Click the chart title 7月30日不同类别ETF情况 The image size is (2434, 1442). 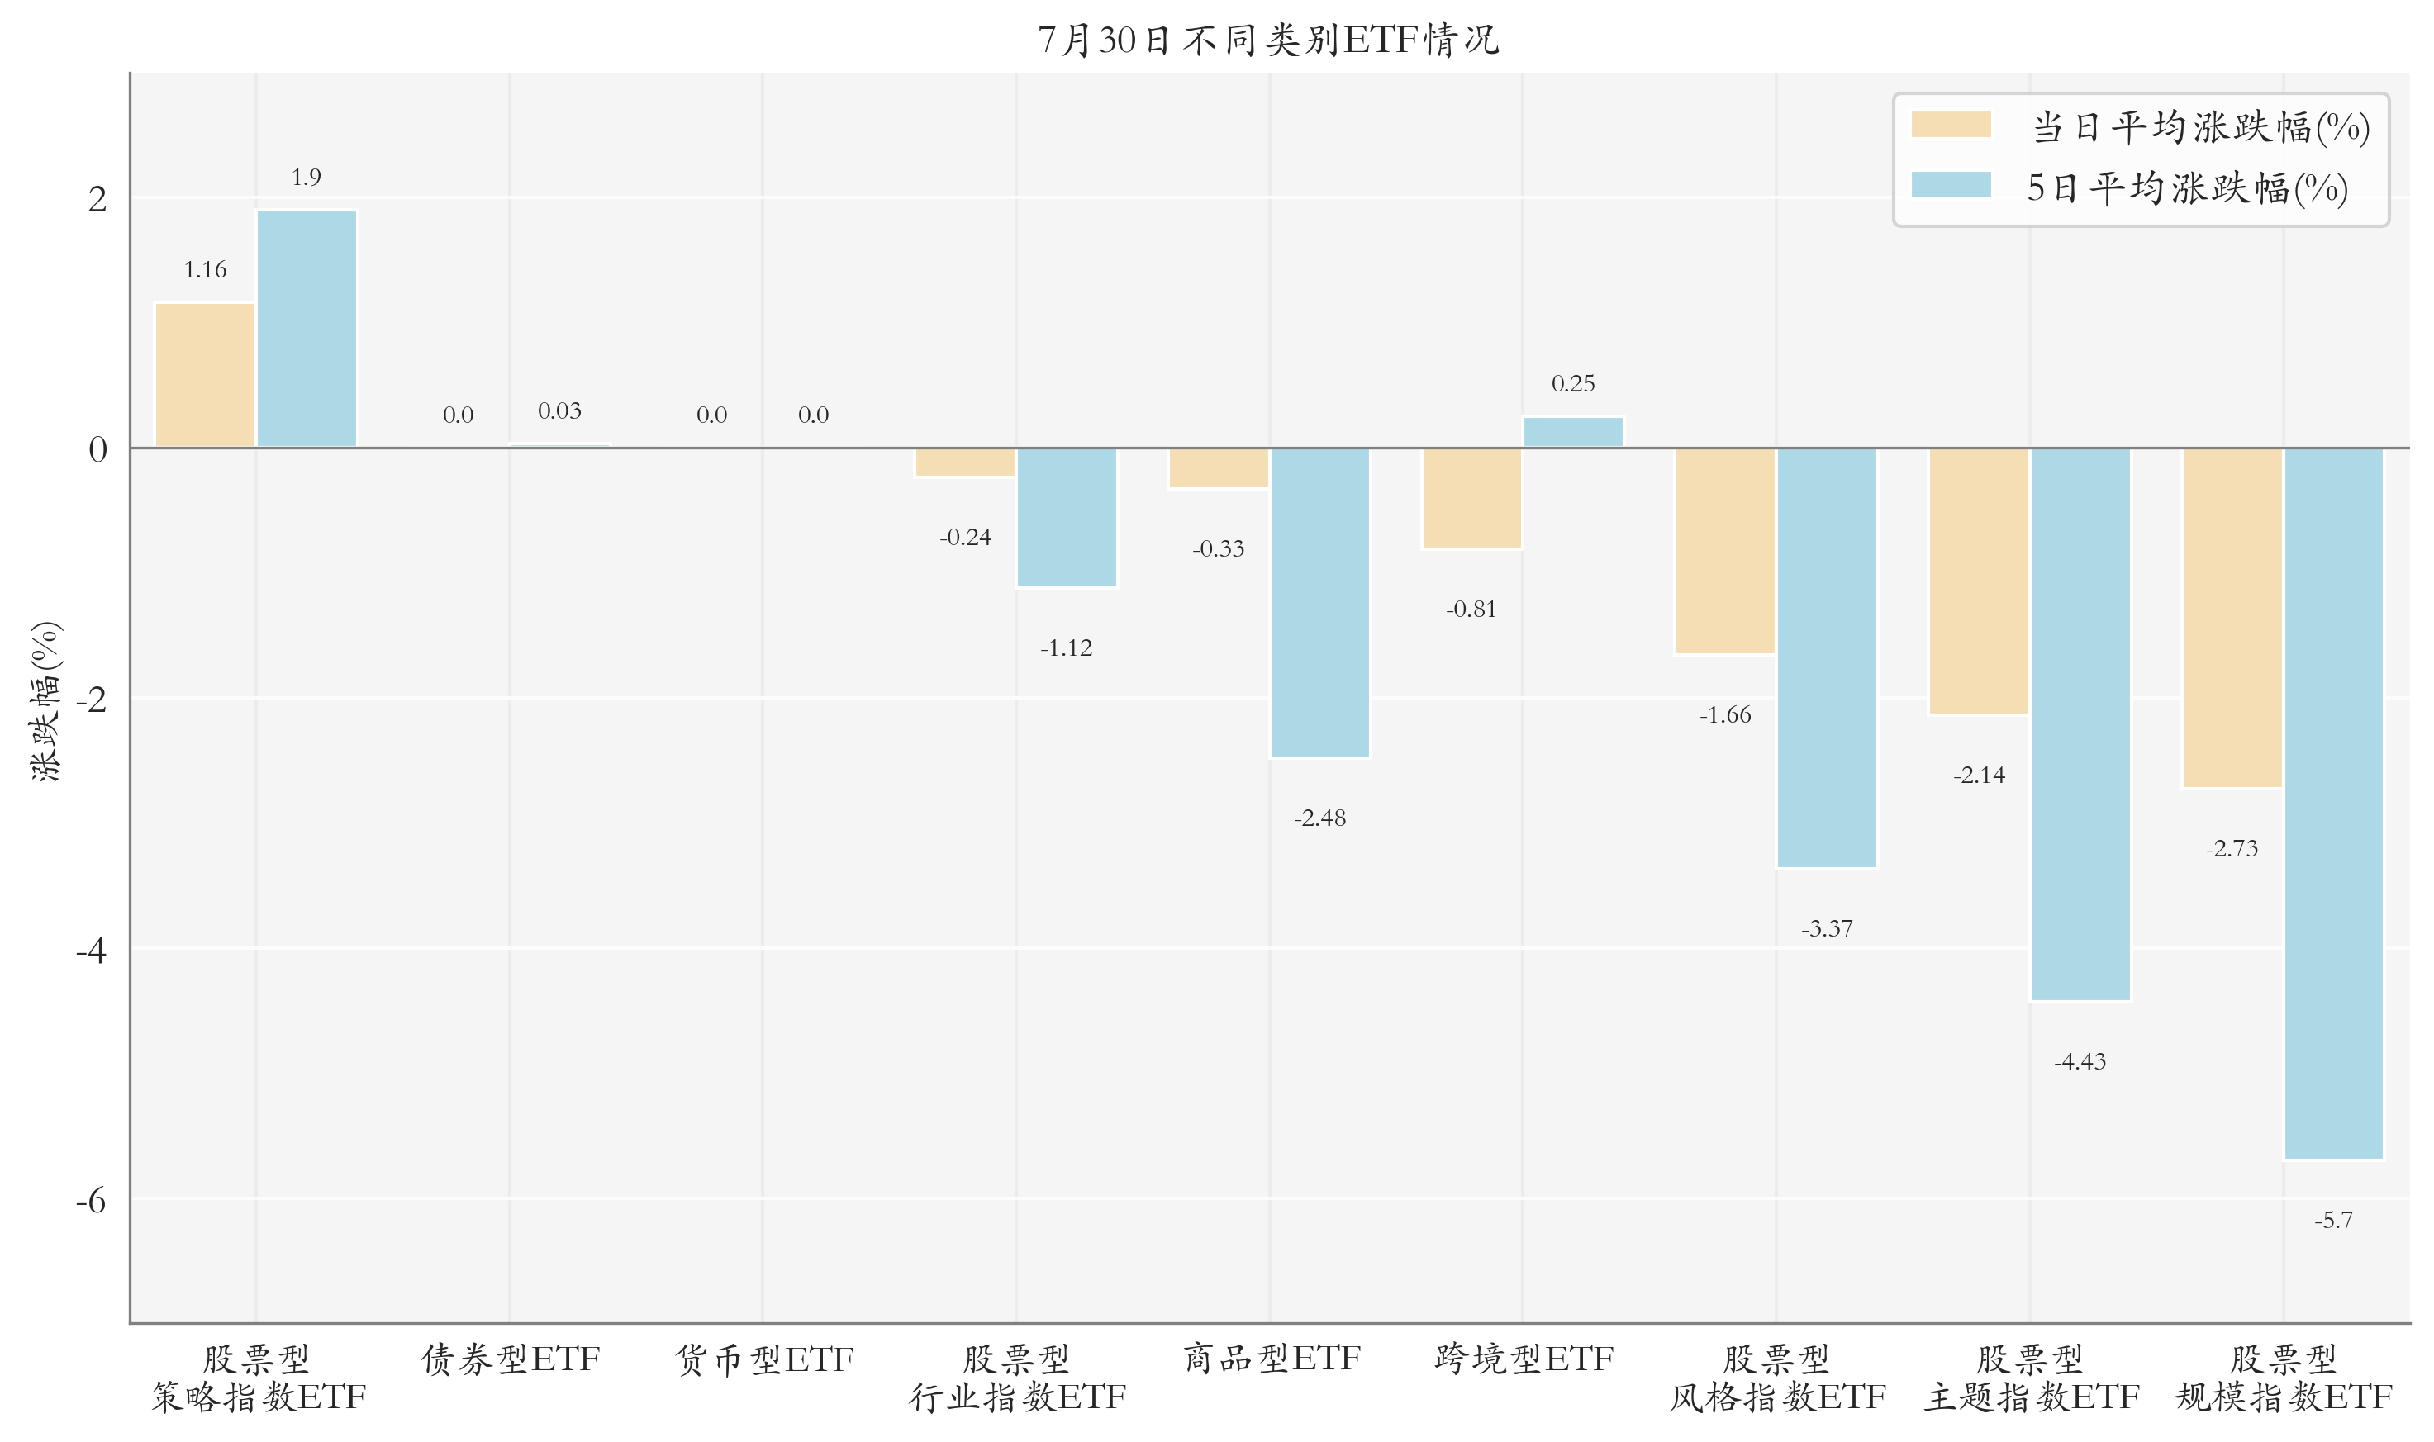(x=1268, y=40)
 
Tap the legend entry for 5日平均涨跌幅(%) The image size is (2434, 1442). (x=2130, y=187)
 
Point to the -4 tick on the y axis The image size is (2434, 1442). (x=92, y=949)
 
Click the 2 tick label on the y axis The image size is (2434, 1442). (x=97, y=199)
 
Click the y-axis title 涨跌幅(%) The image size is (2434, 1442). (x=45, y=700)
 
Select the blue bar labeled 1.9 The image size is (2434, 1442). (x=307, y=329)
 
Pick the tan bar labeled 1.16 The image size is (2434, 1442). (x=205, y=375)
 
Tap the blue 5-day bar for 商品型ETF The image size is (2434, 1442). (x=1320, y=602)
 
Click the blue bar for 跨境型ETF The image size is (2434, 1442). (x=1573, y=433)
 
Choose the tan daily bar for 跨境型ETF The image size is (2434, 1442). (x=1471, y=499)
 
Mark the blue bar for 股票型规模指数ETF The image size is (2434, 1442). (x=2333, y=804)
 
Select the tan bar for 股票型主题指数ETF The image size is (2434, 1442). (x=1979, y=581)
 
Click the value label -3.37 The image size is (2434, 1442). (x=1827, y=929)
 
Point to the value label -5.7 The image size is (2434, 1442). (x=2333, y=1221)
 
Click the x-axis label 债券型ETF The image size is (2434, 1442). (x=511, y=1359)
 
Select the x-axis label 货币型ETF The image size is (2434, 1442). (x=764, y=1359)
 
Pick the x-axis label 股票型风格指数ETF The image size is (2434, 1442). (x=1777, y=1378)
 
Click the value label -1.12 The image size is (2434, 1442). (x=1067, y=648)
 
